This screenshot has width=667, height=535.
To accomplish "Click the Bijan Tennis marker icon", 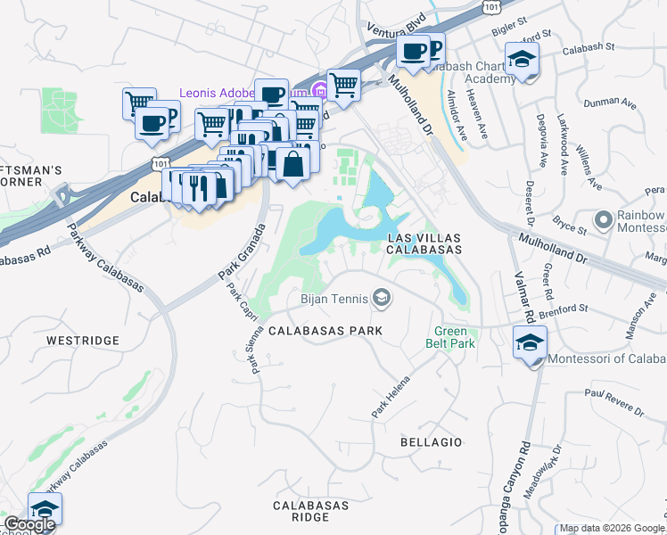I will click(x=382, y=298).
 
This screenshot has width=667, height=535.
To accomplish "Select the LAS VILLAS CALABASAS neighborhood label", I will click(x=424, y=243).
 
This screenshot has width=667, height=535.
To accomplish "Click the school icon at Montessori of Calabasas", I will click(x=530, y=342).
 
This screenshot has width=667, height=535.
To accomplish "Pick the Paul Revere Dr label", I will click(x=613, y=404).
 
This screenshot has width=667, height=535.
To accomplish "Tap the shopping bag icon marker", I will click(x=292, y=163).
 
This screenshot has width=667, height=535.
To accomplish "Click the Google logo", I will click(x=29, y=525).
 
